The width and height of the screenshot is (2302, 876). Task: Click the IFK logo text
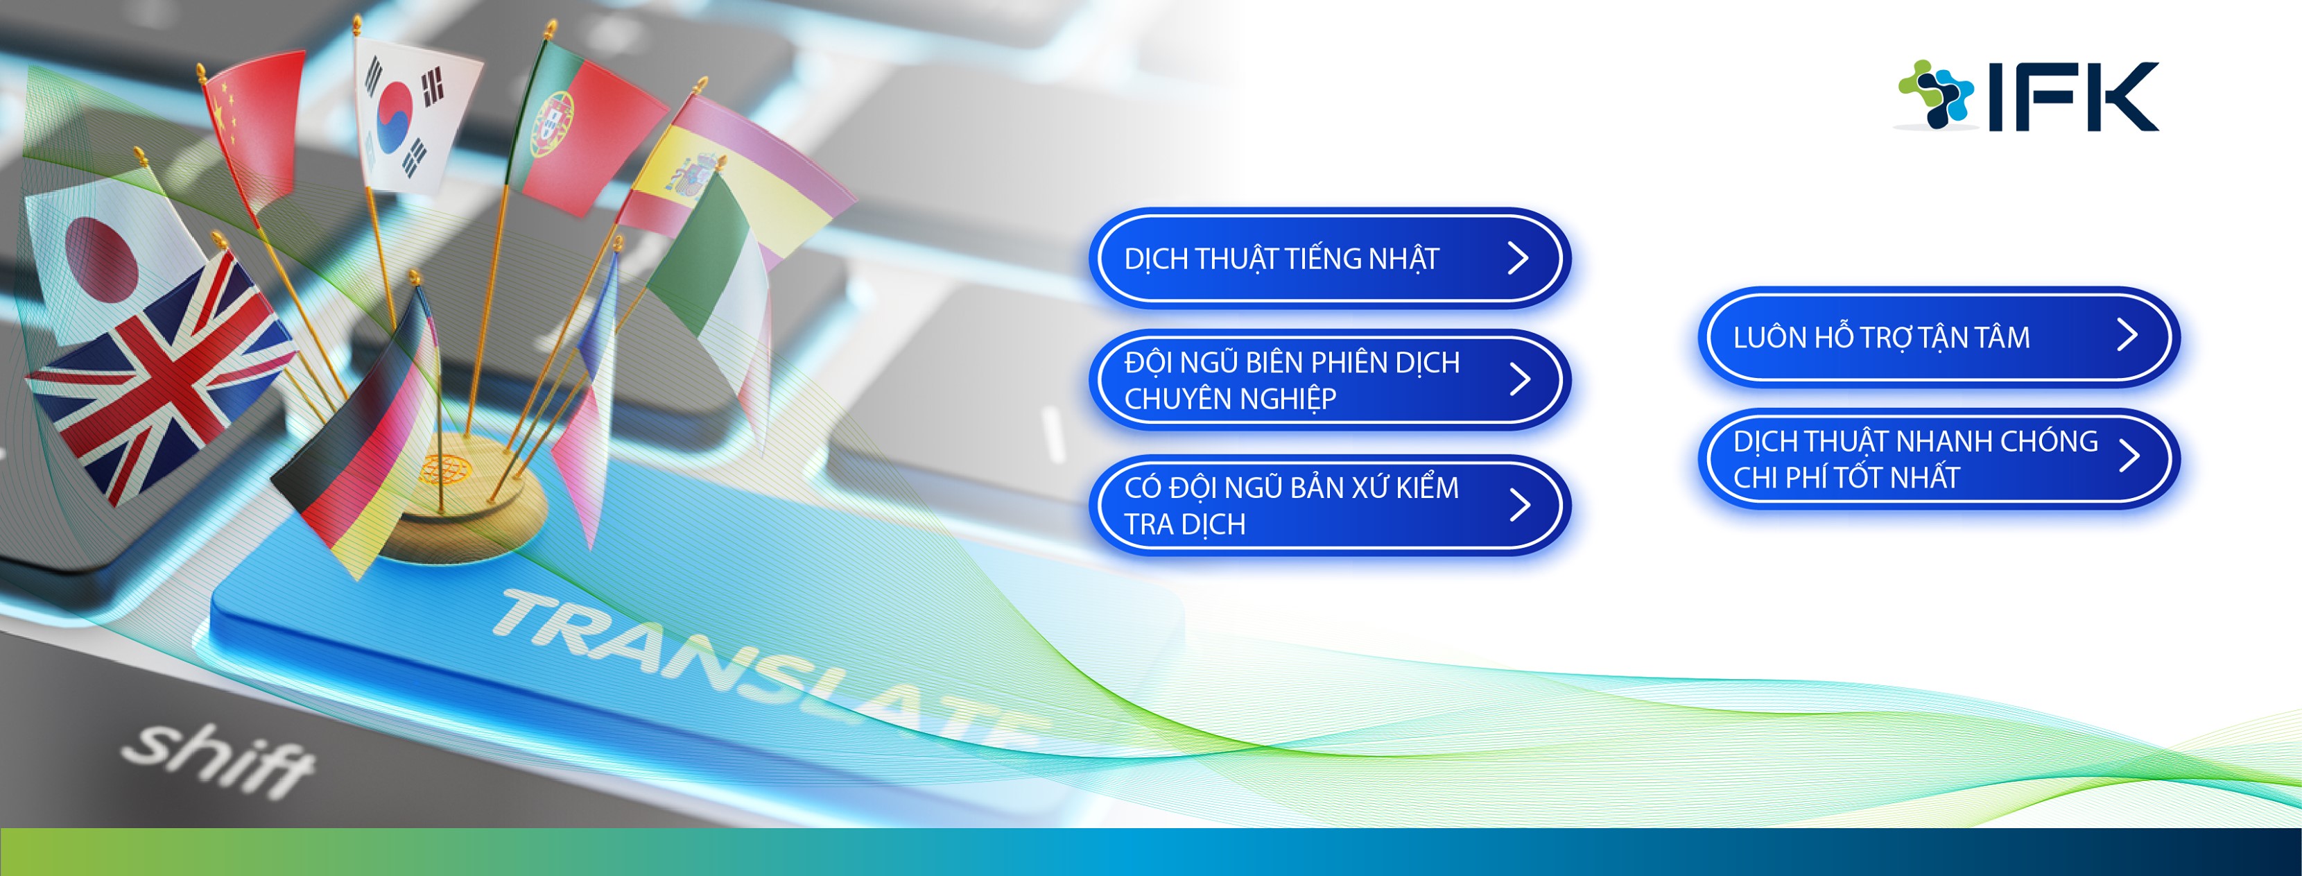click(2072, 96)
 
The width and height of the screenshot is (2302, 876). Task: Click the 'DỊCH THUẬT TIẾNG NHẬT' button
click(1329, 258)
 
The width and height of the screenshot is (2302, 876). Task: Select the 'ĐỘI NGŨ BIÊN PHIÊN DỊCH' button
click(1329, 380)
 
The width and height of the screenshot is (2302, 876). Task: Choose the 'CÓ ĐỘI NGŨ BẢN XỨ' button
click(1329, 505)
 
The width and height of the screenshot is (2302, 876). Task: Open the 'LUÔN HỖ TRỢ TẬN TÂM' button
click(1938, 337)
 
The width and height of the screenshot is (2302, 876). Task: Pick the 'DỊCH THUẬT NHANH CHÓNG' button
click(1938, 458)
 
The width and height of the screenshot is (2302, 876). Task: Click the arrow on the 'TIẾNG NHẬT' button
click(1518, 258)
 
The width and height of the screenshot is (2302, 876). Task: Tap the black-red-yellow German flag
click(358, 438)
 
